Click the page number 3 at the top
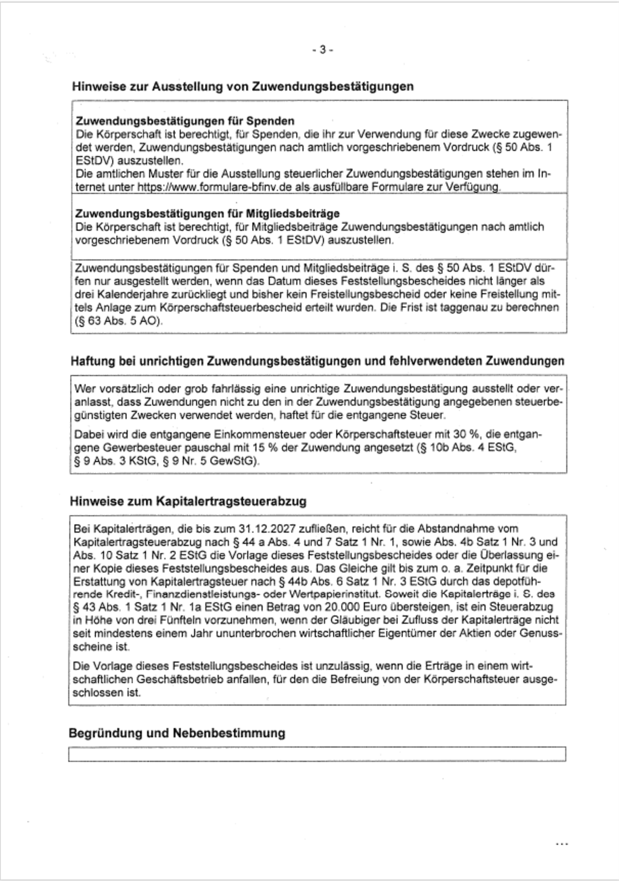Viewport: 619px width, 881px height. coord(322,50)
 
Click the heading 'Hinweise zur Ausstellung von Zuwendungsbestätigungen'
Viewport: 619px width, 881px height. coord(242,86)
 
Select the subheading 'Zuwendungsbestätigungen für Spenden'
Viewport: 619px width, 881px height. coord(185,121)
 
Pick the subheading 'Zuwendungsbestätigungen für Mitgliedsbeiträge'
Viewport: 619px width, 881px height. coord(207,214)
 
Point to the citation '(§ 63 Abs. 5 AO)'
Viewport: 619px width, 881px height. coord(117,321)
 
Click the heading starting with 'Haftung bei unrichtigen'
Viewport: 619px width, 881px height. coord(317,361)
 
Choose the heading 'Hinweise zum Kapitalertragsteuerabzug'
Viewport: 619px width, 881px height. coord(188,501)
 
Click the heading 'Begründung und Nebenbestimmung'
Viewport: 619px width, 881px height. coord(177,733)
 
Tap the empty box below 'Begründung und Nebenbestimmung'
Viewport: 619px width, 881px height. coord(317,754)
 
